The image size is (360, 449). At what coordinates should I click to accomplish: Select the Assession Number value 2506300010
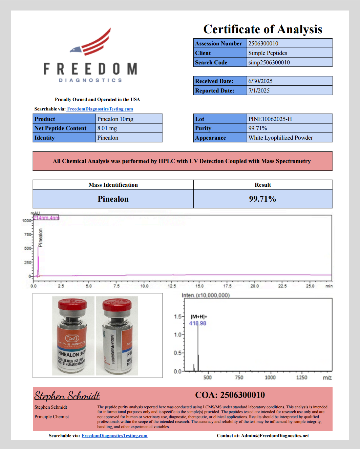(x=263, y=43)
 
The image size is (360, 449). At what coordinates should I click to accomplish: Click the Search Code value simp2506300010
(x=269, y=62)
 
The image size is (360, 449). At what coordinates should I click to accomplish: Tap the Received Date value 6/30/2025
(x=260, y=81)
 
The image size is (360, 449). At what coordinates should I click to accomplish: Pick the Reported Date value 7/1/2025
(x=259, y=90)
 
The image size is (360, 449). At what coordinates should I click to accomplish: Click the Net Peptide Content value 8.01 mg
(x=107, y=128)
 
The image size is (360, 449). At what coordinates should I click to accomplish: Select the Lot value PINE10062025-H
(x=270, y=119)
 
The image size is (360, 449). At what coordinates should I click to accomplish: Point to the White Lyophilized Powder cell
(x=280, y=138)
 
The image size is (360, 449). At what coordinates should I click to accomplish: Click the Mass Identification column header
(x=113, y=185)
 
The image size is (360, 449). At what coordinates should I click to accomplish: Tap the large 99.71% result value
(x=262, y=199)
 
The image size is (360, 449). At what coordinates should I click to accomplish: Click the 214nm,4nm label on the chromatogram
(x=46, y=218)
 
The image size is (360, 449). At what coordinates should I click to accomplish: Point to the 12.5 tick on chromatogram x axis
(x=172, y=286)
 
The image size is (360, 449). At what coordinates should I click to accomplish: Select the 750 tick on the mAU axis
(x=27, y=234)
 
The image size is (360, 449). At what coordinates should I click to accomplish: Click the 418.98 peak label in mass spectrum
(x=197, y=323)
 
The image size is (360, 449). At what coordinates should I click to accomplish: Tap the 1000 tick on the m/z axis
(x=270, y=377)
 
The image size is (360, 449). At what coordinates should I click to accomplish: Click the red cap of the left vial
(x=72, y=304)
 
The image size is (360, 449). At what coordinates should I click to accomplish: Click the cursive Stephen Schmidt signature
(x=67, y=396)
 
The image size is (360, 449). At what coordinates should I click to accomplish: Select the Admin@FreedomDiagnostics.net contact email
(x=275, y=436)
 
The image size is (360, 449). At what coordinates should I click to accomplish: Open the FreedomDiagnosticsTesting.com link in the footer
(x=114, y=436)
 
